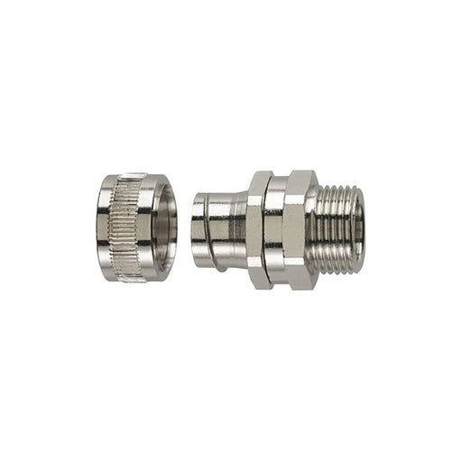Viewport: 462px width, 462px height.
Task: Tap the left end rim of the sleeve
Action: (196, 230)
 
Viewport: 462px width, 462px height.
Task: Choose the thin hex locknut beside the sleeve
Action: (259, 230)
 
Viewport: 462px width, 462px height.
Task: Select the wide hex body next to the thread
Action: (291, 230)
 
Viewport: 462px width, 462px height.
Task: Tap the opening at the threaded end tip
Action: (359, 230)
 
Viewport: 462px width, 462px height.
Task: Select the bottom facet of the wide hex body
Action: (293, 282)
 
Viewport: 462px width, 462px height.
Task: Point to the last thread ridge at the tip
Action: (353, 230)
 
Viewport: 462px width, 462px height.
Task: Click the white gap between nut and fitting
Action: (183, 230)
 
